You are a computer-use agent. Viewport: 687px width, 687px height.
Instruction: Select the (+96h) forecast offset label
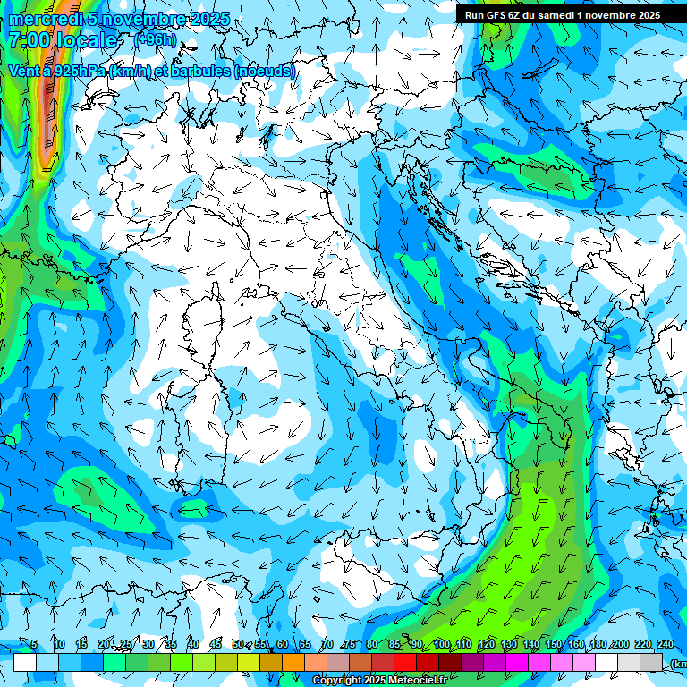click(x=154, y=39)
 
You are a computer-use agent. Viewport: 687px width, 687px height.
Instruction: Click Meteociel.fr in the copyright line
click(x=418, y=681)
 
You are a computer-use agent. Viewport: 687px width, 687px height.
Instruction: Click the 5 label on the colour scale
click(x=34, y=644)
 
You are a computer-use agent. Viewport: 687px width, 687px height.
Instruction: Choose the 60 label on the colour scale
click(x=283, y=644)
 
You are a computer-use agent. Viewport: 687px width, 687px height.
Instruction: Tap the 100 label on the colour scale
click(x=441, y=644)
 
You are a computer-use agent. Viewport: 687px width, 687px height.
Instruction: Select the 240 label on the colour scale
click(x=666, y=644)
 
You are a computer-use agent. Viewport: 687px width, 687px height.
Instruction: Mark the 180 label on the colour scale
click(x=598, y=644)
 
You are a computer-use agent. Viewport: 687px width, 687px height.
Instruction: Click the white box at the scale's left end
click(x=25, y=663)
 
